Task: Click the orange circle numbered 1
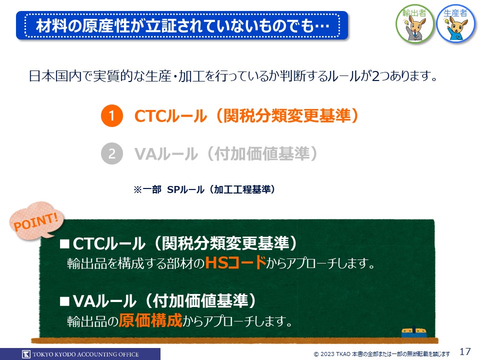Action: point(112,115)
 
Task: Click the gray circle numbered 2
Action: point(112,153)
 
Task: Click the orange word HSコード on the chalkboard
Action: point(235,262)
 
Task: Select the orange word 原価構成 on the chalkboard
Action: point(150,320)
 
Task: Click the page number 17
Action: point(465,351)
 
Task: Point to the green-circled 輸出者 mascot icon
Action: point(414,24)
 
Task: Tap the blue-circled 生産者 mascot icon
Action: point(456,23)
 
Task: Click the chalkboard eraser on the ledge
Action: point(414,332)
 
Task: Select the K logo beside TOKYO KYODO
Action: point(26,354)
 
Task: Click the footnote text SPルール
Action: point(185,189)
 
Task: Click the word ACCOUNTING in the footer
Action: point(98,354)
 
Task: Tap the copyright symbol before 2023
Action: point(316,354)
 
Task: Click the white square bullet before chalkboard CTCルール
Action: point(64,244)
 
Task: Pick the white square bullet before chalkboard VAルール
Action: point(64,301)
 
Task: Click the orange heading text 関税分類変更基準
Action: point(287,115)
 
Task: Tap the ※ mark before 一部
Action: point(137,190)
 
